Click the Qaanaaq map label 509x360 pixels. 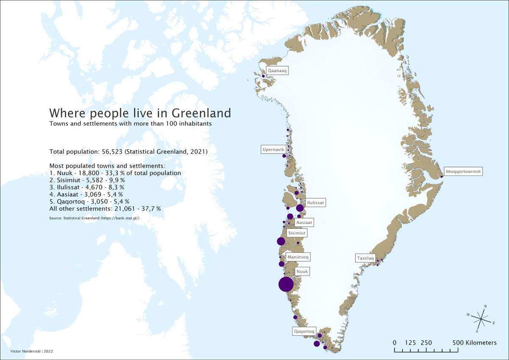(x=277, y=71)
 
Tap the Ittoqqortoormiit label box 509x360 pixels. (x=464, y=172)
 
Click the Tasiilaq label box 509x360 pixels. (x=365, y=258)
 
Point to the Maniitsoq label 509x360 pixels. (x=298, y=257)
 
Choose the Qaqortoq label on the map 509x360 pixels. (x=304, y=331)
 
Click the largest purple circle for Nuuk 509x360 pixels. (x=286, y=284)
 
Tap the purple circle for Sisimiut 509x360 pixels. (x=281, y=242)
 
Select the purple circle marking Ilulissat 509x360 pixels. (x=300, y=208)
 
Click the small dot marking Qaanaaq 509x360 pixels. (x=263, y=76)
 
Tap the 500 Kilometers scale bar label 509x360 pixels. (x=474, y=343)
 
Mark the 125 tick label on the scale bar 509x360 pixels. (x=410, y=343)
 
